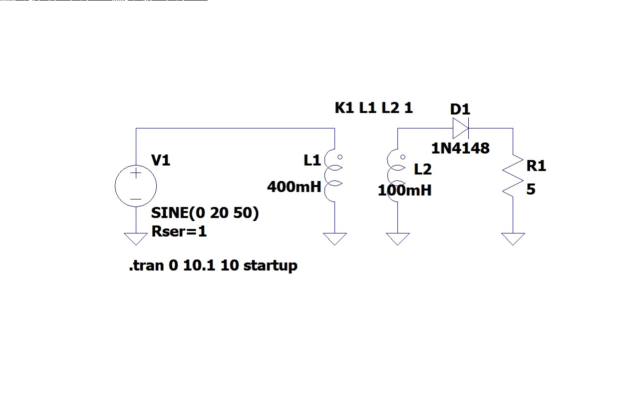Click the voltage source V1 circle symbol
pos(136,186)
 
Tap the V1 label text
pos(161,160)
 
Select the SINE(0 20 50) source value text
pos(205,213)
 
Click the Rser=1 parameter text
pos(179,232)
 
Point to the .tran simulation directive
pos(213,265)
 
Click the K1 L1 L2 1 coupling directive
pos(374,108)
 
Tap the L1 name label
pos(312,160)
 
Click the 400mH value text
pos(294,187)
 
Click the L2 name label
pos(422,169)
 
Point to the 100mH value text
pos(404,190)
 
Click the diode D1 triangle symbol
pos(460,128)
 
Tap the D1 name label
pos(460,109)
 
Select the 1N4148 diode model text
pos(460,148)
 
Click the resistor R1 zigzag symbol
pos(513,177)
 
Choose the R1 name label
pos(536,166)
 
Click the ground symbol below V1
pos(136,239)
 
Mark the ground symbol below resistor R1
pos(513,239)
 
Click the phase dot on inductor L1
pos(340,157)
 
